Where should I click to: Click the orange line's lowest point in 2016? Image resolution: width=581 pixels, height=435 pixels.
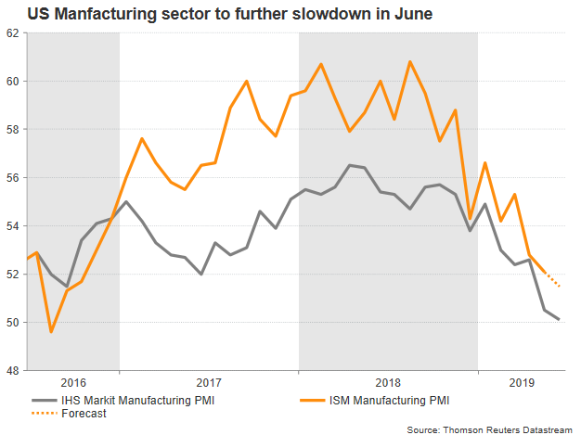pos(52,332)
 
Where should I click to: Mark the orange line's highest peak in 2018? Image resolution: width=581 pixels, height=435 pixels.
pos(410,61)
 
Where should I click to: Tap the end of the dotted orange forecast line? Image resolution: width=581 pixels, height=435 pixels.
pos(559,286)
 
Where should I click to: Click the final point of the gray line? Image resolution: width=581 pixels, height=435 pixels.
pos(559,319)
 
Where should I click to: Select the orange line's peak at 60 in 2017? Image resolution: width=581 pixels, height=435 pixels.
pos(246,81)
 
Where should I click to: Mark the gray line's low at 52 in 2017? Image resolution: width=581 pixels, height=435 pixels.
pos(201,274)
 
